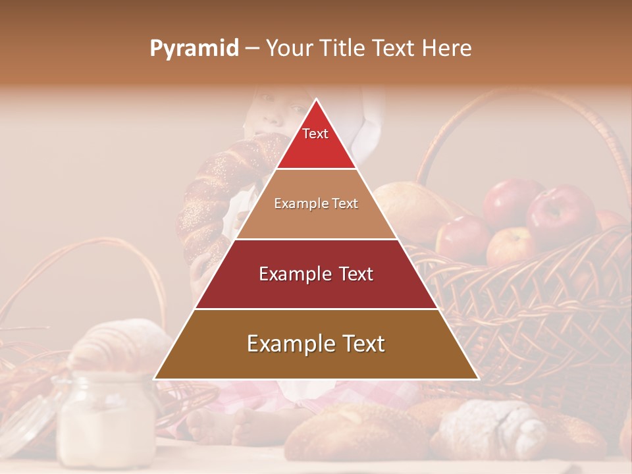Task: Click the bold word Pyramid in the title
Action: [x=194, y=48]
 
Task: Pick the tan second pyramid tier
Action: [x=316, y=204]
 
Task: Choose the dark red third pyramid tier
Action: [x=316, y=274]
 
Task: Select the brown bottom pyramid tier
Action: [x=316, y=344]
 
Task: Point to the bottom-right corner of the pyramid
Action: [x=477, y=379]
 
